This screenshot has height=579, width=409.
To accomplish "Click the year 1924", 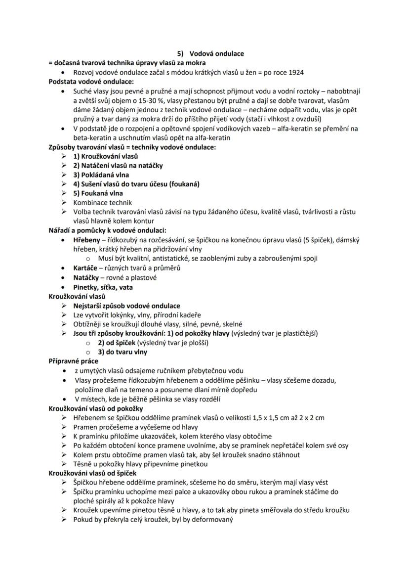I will point(295,72).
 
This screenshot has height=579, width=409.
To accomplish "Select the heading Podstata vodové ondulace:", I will point(91,82).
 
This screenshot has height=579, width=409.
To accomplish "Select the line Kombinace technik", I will point(102,203).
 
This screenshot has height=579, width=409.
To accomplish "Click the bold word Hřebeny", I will point(87,240).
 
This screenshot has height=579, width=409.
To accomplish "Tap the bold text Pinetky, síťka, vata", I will point(103,287).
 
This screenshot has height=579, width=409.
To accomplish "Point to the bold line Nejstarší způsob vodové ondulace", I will point(126,306).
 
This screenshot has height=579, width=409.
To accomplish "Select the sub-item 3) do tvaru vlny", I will point(123,353).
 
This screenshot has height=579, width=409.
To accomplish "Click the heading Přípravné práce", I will point(73,361).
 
